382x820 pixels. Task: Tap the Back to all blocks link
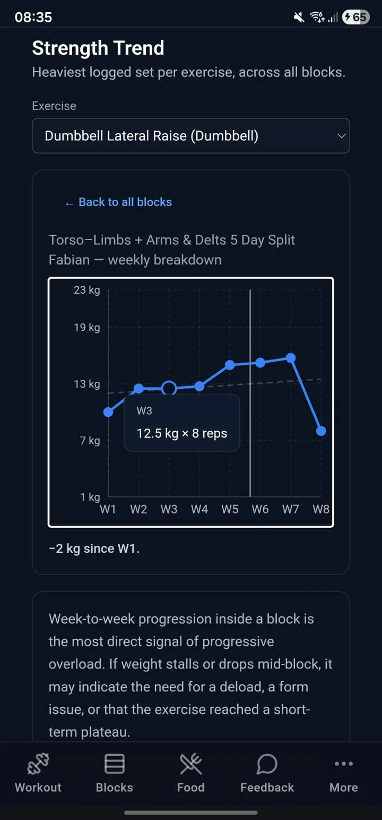pyautogui.click(x=118, y=202)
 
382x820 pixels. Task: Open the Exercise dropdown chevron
pyautogui.click(x=341, y=136)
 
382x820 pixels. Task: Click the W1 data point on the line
pyautogui.click(x=108, y=412)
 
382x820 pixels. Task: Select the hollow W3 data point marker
pyautogui.click(x=169, y=388)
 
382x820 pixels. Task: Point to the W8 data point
pyautogui.click(x=321, y=431)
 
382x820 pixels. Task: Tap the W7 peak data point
pyautogui.click(x=291, y=357)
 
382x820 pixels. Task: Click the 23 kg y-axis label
pyautogui.click(x=87, y=291)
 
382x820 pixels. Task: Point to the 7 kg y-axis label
pyautogui.click(x=90, y=440)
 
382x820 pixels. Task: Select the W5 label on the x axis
pyautogui.click(x=230, y=509)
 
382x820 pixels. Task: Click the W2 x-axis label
pyautogui.click(x=138, y=509)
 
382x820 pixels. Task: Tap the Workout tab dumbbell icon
pyautogui.click(x=38, y=764)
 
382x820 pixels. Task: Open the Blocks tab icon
pyautogui.click(x=115, y=764)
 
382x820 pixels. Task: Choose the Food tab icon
pyautogui.click(x=191, y=764)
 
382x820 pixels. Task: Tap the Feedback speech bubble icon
pyautogui.click(x=267, y=764)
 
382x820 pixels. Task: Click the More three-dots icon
pyautogui.click(x=344, y=764)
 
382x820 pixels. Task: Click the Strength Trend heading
pyautogui.click(x=98, y=48)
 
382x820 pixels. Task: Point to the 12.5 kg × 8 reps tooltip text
pyautogui.click(x=181, y=433)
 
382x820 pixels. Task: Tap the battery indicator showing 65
pyautogui.click(x=355, y=17)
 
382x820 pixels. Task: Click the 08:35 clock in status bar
pyautogui.click(x=33, y=17)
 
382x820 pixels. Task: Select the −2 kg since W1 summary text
pyautogui.click(x=94, y=549)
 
